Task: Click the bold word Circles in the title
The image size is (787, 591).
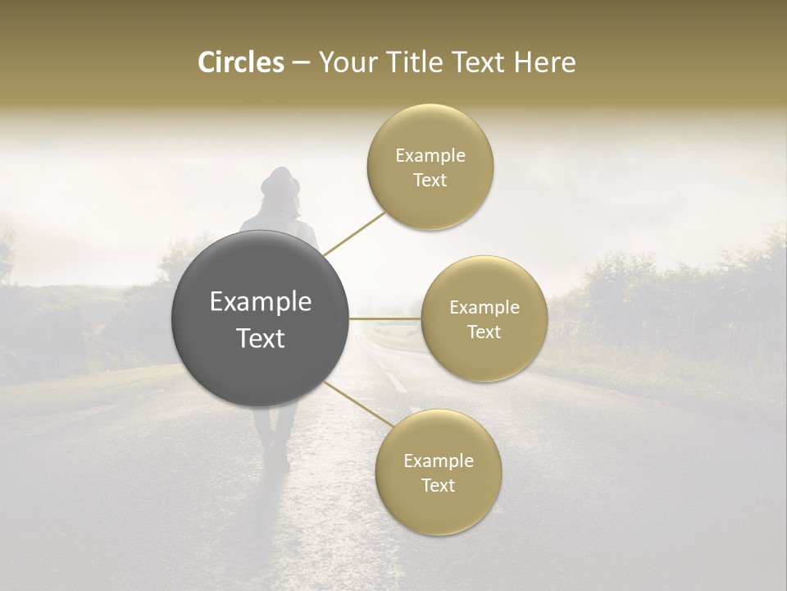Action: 240,62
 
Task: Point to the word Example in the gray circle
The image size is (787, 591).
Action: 261,302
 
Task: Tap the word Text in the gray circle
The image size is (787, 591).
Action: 261,338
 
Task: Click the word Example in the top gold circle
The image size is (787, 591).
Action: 430,155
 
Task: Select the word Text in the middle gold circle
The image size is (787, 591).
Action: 484,332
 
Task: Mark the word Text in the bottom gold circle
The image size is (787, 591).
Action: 438,485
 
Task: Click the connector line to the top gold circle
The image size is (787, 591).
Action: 354,233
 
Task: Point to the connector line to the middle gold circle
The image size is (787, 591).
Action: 384,318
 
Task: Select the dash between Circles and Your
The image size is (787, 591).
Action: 301,63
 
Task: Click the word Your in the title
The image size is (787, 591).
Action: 344,62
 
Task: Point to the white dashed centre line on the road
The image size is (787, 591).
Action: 394,381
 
